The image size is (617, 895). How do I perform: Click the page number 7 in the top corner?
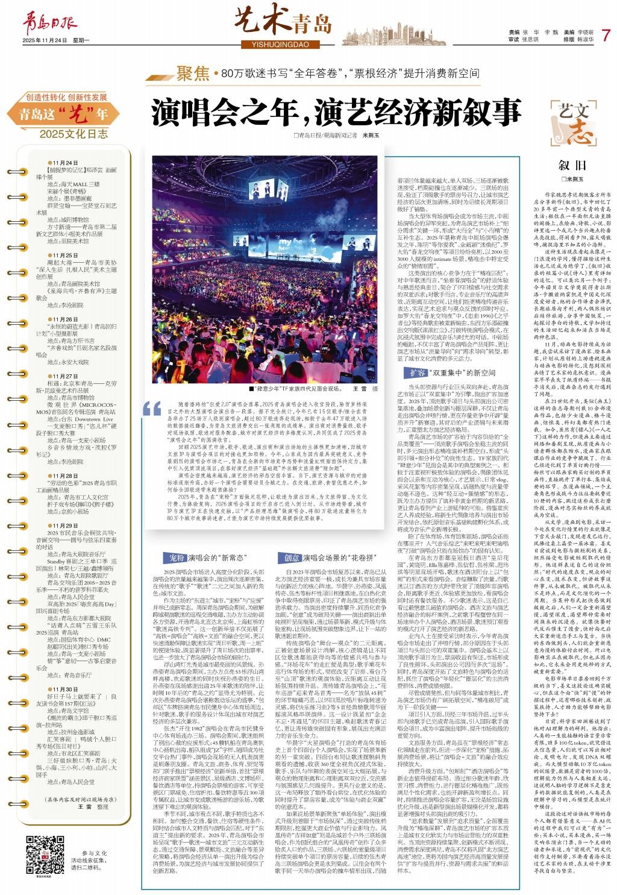click(606, 34)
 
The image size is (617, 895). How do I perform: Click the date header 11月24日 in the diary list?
click(65, 163)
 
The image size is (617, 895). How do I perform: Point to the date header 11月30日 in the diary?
click(65, 689)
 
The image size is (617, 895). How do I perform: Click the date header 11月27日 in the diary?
click(65, 377)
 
